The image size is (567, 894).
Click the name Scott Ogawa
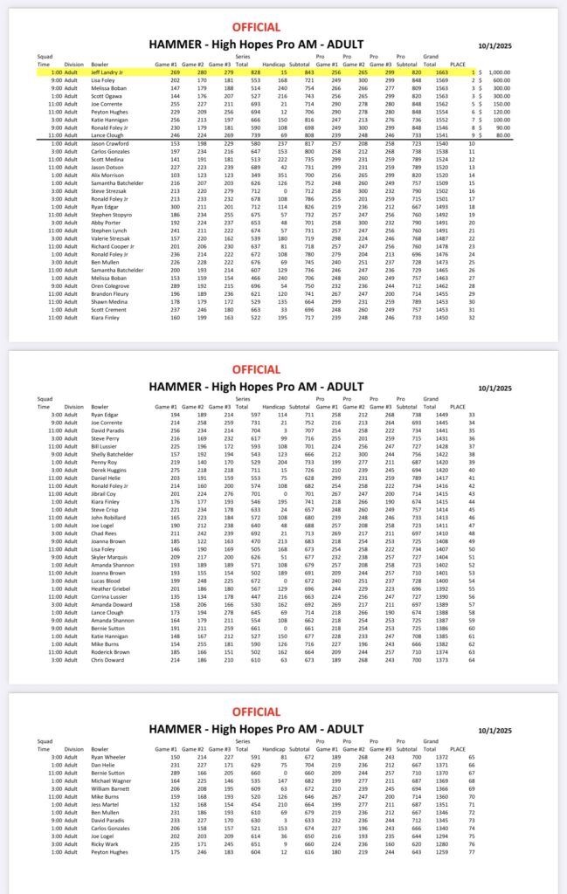tap(107, 96)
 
